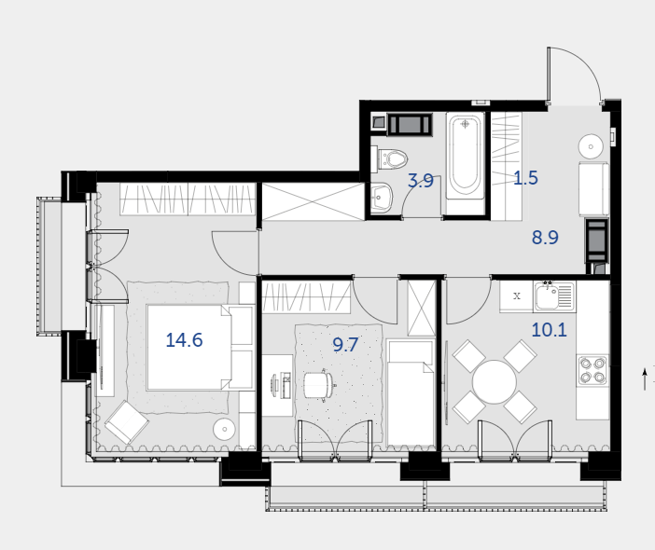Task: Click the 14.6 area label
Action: coord(184,340)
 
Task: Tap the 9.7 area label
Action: coord(345,345)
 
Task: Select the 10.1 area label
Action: coord(549,330)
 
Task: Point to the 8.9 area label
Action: coord(545,238)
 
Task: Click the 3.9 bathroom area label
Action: coord(421,181)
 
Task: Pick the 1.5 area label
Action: coord(525,178)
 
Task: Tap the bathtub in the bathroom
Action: coord(466,156)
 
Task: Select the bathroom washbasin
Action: coord(382,198)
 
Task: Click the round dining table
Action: coord(495,382)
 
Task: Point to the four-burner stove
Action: coord(592,371)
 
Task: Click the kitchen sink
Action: coord(554,296)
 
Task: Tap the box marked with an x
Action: coord(517,296)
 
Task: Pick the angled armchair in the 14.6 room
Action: coord(127,422)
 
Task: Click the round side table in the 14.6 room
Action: coord(224,429)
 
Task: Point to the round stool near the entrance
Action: coord(591,146)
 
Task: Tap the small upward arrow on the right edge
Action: coord(645,378)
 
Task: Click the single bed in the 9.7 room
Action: coord(411,392)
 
